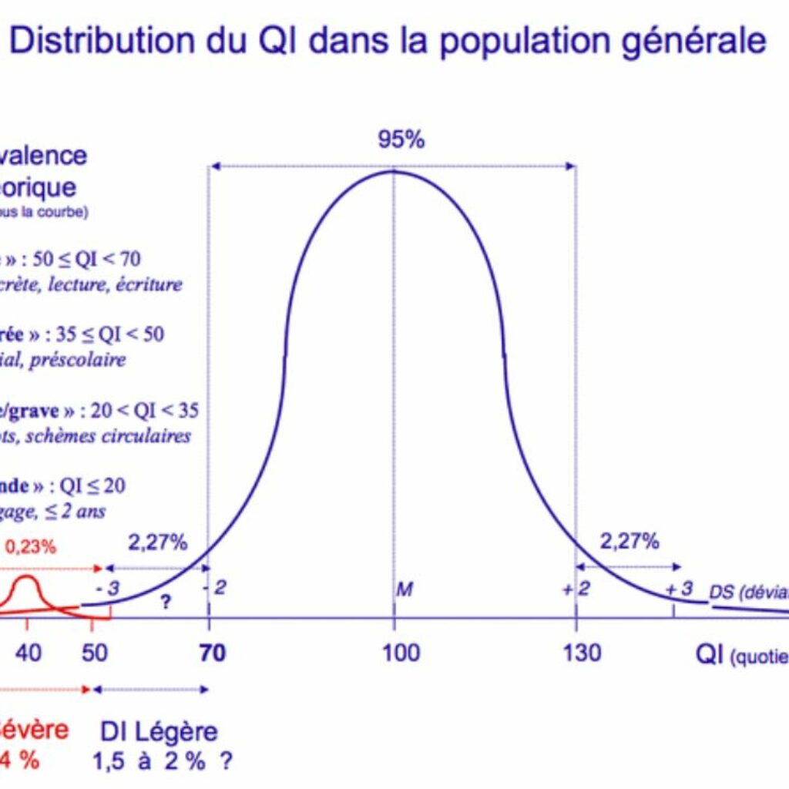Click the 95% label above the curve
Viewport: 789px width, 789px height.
coord(401,140)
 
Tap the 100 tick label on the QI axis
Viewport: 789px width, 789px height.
coord(401,653)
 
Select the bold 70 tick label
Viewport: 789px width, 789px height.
coord(213,653)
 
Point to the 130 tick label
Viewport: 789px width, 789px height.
coord(582,653)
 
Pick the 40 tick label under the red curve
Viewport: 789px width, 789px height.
coord(29,653)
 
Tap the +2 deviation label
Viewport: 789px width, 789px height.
coord(573,589)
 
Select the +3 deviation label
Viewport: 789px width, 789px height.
coord(679,589)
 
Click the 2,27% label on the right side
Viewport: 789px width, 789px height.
coord(630,542)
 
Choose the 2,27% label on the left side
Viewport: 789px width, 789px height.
coord(157,542)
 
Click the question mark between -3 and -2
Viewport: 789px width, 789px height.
coord(165,603)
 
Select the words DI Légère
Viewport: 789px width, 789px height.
coord(159,731)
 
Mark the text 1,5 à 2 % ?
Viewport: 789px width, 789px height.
coord(163,761)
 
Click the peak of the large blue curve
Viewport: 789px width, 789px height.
coord(394,170)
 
